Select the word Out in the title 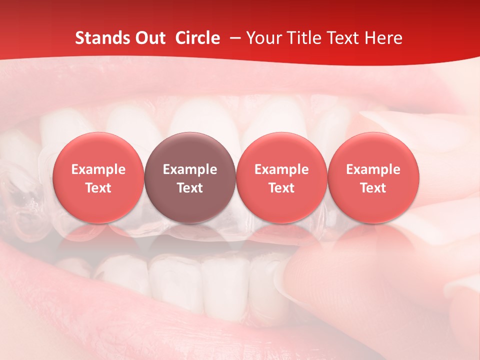point(148,38)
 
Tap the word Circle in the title point(197,38)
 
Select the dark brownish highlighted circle point(190,177)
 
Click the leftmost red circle point(98,177)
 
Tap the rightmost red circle point(373,177)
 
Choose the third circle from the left point(282,177)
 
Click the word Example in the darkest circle point(190,169)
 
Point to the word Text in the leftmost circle point(98,188)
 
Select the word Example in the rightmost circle point(373,169)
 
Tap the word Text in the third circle point(282,188)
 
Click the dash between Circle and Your point(233,38)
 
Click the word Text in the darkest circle point(190,188)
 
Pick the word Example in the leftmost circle point(98,169)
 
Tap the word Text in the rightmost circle point(373,188)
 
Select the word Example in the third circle point(282,169)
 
